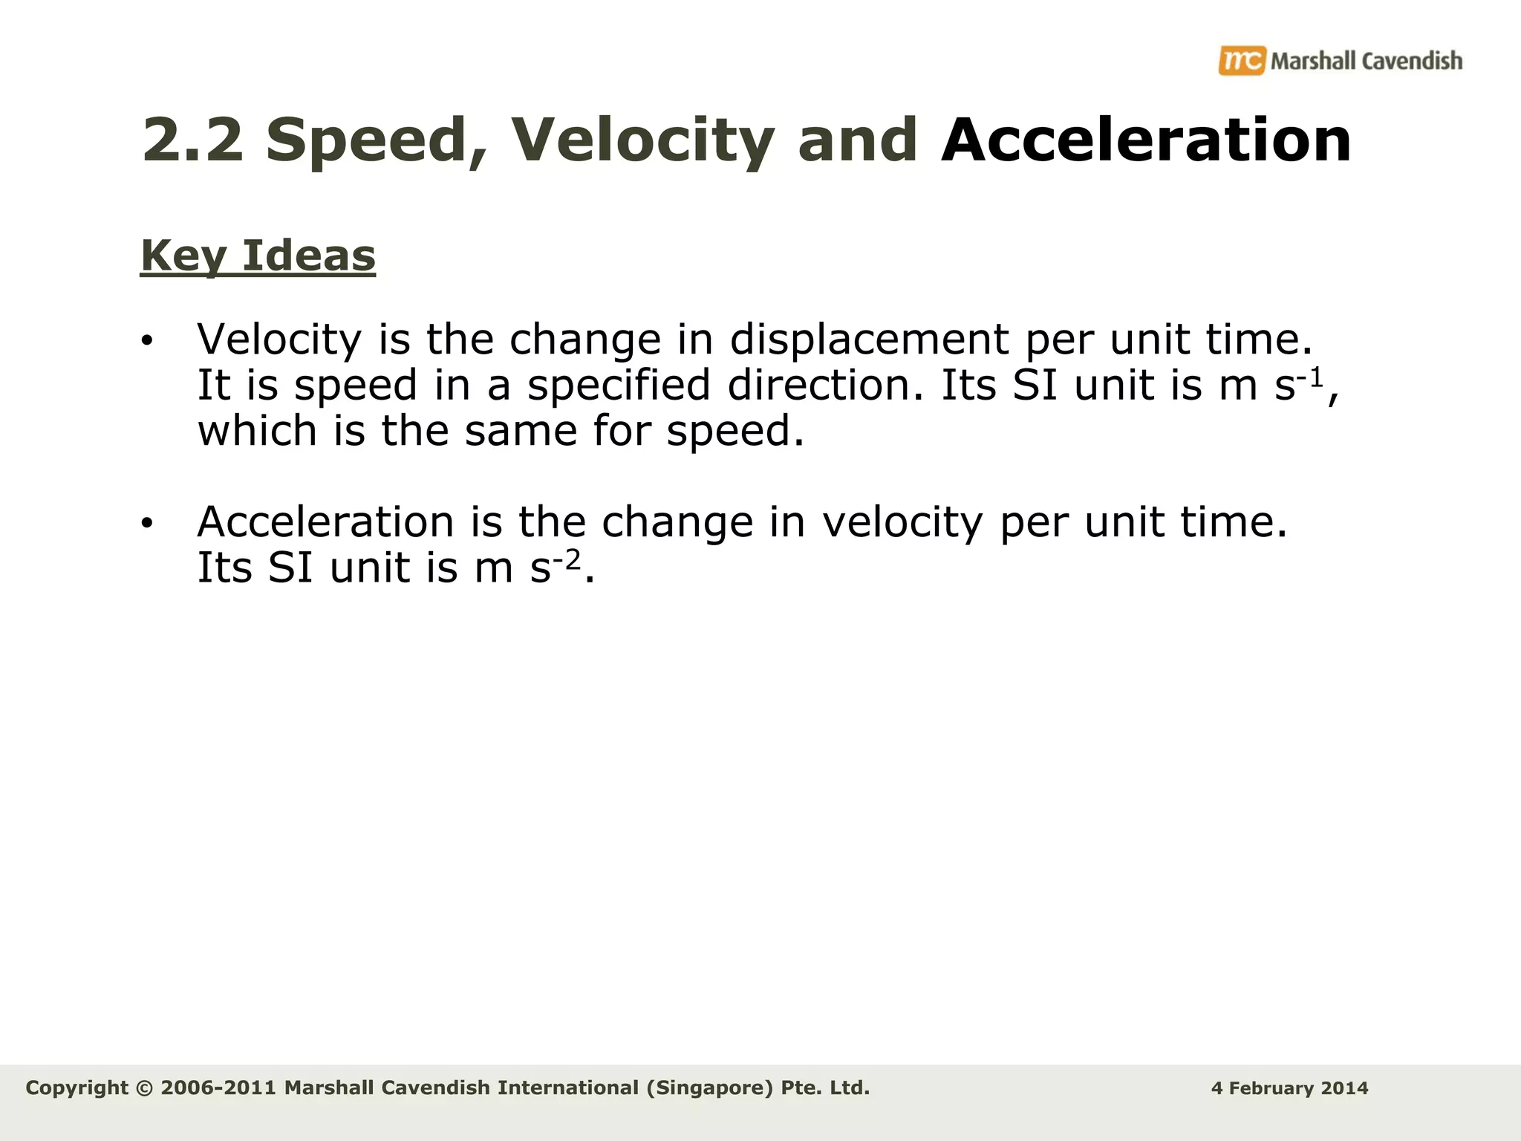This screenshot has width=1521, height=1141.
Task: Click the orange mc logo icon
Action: coord(1241,60)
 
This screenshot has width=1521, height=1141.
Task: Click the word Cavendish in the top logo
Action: coord(1412,61)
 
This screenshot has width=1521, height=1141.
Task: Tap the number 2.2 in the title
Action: coord(192,140)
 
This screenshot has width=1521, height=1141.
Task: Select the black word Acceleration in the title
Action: coord(1145,140)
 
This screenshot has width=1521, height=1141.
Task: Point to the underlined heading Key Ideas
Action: coord(258,256)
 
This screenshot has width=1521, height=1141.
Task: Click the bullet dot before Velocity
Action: coord(146,342)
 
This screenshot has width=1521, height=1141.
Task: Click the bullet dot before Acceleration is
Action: coord(146,524)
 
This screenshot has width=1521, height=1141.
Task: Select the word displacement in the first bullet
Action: coord(869,339)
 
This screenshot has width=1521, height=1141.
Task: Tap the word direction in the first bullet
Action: coord(826,386)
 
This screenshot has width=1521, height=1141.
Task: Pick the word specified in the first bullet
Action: coord(619,386)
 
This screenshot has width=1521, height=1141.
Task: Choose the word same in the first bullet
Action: coord(521,431)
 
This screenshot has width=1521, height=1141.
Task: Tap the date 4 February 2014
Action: coord(1289,1088)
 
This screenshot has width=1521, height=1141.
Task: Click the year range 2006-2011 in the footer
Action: coord(218,1088)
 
